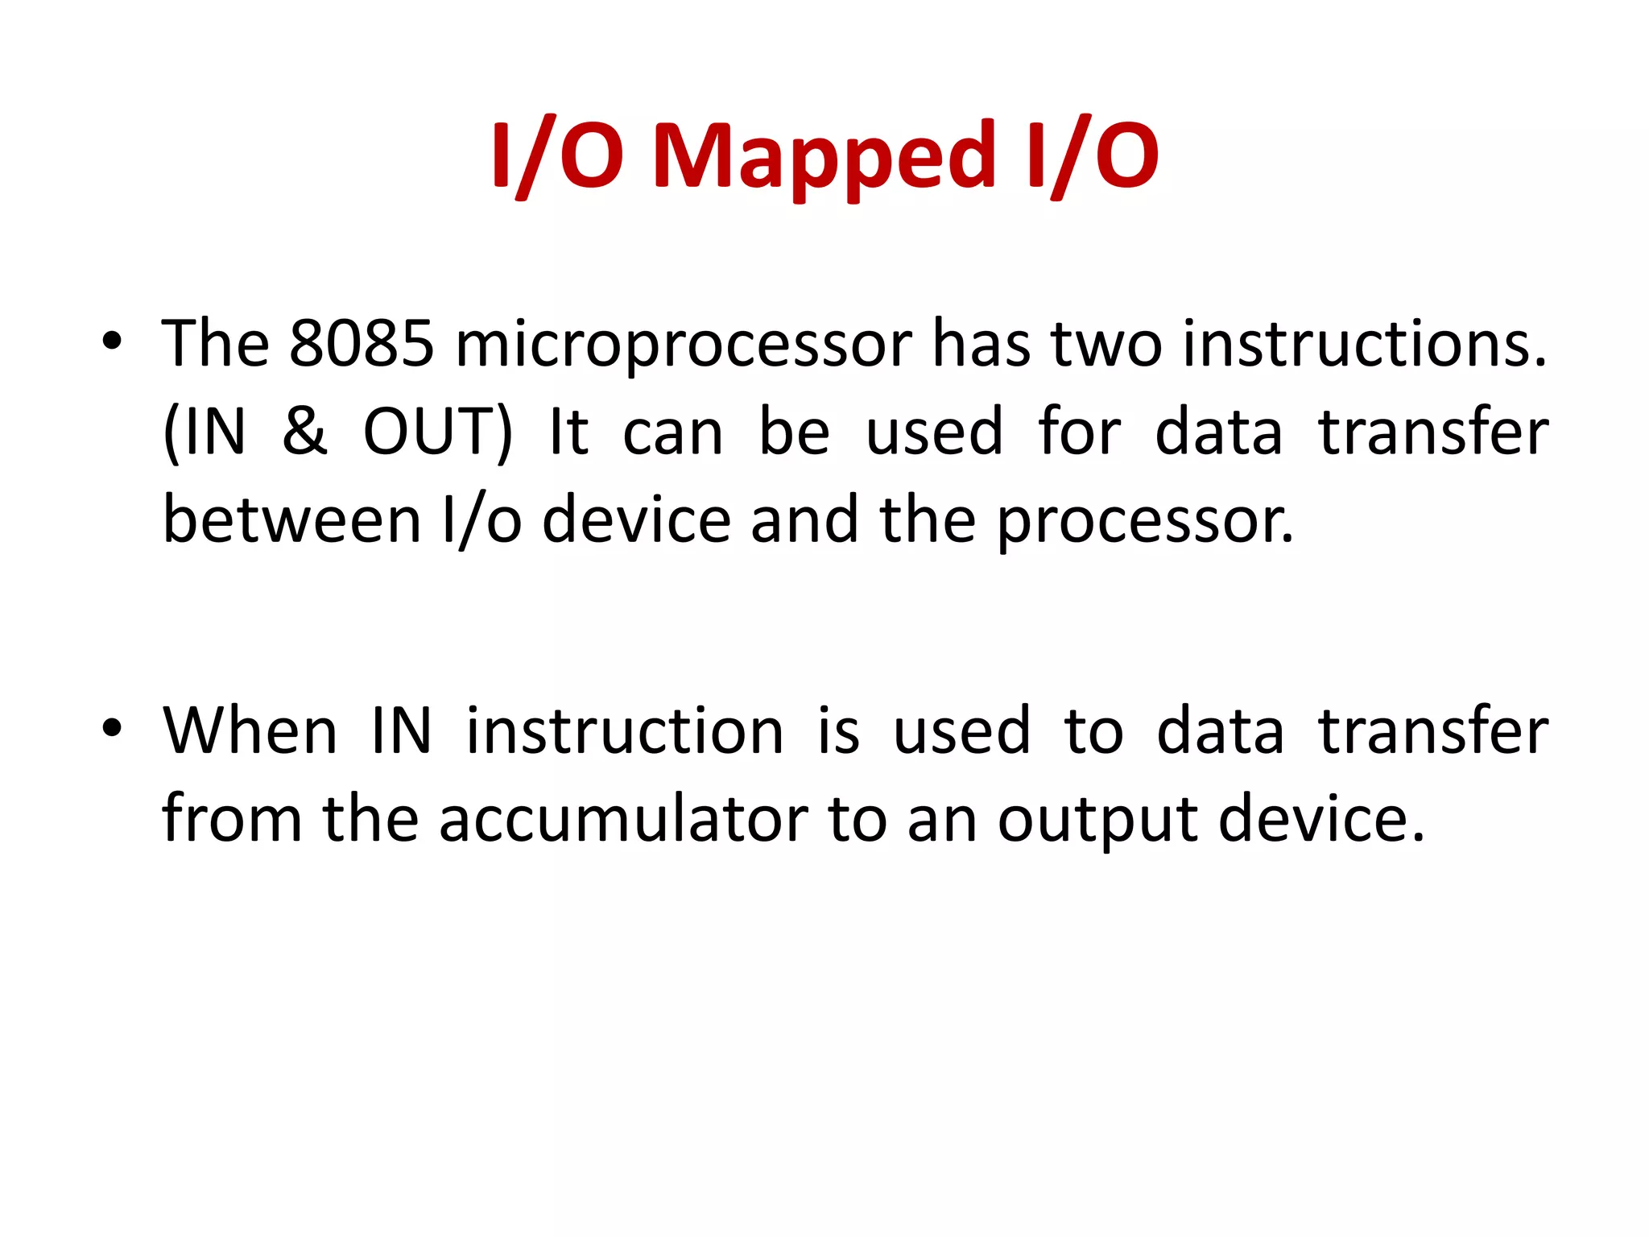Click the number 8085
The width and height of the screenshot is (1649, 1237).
tap(362, 344)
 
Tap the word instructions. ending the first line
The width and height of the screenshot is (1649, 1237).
tap(1365, 344)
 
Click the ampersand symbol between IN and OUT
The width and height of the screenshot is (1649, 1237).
tap(304, 432)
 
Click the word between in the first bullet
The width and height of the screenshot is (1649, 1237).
tap(292, 519)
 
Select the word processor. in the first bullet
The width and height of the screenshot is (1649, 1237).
tap(1145, 522)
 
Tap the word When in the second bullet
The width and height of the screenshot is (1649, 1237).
tap(250, 730)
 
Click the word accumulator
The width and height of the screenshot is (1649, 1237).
tap(623, 819)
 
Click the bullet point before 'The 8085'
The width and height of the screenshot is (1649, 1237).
tap(112, 341)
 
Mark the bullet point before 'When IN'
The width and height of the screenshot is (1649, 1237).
tap(112, 728)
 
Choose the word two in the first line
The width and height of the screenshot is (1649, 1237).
tap(1106, 344)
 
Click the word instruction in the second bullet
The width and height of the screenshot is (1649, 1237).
tap(625, 730)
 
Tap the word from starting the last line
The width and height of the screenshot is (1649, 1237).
tap(232, 819)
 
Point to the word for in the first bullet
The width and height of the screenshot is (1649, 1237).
tap(1079, 432)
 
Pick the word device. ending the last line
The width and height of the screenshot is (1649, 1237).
tap(1320, 819)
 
